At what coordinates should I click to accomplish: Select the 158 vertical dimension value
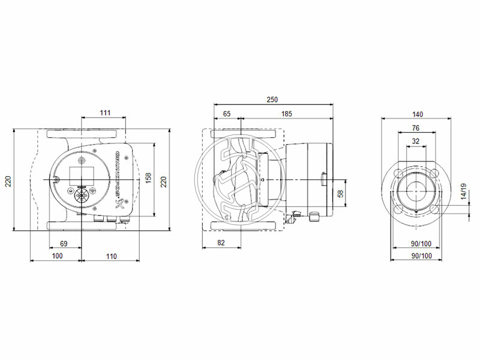click(148, 178)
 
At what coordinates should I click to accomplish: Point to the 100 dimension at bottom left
click(56, 256)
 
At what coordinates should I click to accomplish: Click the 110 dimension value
click(110, 256)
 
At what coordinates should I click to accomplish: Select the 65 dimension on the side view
click(227, 113)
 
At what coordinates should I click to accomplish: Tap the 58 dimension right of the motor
click(341, 193)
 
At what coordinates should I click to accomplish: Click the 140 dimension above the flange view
click(418, 113)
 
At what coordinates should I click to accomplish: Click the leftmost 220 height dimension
click(8, 180)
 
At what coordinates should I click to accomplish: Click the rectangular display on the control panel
click(80, 175)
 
